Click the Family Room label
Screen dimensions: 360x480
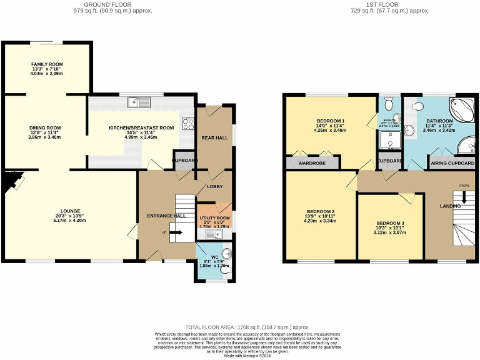[47, 64]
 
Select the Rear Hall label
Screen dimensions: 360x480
[214, 137]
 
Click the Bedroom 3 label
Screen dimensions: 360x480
[390, 223]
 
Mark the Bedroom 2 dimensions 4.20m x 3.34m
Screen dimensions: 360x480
[320, 220]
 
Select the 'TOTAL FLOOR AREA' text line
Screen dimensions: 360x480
[247, 327]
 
